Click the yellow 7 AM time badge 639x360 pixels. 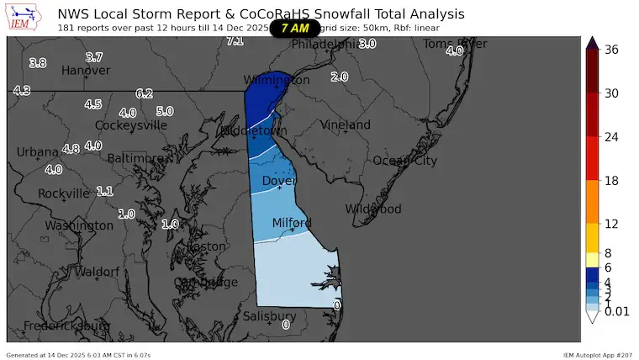tap(294, 28)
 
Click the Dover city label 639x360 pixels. tap(279, 181)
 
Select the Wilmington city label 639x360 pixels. tap(277, 80)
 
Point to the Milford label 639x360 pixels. tap(292, 223)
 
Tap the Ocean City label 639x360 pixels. tap(404, 161)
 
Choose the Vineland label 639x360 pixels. tap(345, 125)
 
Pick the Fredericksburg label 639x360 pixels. tap(66, 326)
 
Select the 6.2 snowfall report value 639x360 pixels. tap(144, 94)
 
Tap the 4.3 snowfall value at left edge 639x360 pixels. tap(22, 91)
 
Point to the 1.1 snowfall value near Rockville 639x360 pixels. tap(104, 191)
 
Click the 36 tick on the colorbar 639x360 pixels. tap(611, 50)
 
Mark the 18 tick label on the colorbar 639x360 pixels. tap(611, 181)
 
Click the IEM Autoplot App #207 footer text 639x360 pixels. tap(597, 355)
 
